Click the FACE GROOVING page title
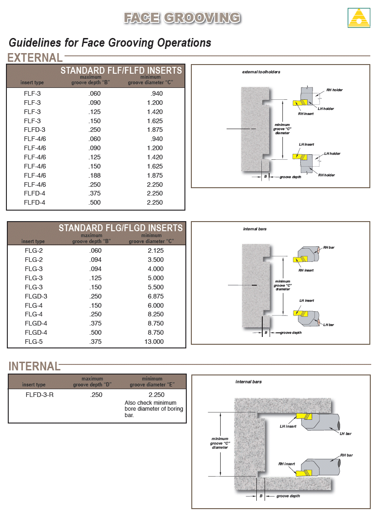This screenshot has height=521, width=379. (x=182, y=18)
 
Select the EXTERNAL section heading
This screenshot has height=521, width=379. (x=35, y=58)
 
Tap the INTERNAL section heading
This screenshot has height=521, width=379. (x=34, y=366)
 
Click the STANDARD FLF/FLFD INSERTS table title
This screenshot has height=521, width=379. (x=121, y=71)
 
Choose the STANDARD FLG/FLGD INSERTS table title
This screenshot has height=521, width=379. (x=120, y=228)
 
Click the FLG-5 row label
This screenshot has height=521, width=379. (x=34, y=342)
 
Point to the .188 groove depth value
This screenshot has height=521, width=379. (x=95, y=175)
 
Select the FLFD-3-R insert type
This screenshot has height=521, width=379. (x=40, y=395)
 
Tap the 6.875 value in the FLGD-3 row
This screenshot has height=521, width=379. (x=155, y=296)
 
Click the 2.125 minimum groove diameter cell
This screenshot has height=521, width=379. (x=155, y=250)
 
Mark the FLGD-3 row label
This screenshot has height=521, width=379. (x=36, y=296)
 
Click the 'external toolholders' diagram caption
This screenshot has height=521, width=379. (x=261, y=72)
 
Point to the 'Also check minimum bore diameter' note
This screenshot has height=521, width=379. (x=154, y=409)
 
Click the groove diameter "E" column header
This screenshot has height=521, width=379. (x=152, y=385)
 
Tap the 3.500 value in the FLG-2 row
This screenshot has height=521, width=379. (x=155, y=260)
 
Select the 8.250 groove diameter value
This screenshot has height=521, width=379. (x=155, y=314)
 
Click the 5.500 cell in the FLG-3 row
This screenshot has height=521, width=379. (x=155, y=287)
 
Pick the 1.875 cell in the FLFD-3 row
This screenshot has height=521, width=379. (x=155, y=130)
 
